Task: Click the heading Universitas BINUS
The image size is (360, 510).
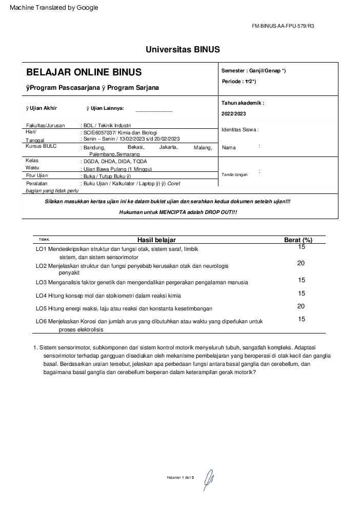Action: point(183,50)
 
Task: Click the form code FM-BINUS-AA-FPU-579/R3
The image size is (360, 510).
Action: point(283,26)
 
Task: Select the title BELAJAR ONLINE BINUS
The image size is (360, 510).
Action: point(84,72)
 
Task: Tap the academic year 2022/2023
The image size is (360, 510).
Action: point(234,113)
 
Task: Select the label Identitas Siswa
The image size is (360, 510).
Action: point(240,130)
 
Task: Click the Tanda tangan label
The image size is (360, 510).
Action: point(234,174)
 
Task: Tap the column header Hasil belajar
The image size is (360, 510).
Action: point(156,240)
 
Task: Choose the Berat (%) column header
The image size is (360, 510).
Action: point(298,240)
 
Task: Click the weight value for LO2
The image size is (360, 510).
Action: point(301,263)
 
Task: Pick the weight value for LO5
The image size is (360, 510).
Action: point(301,306)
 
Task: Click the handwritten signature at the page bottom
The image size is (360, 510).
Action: point(208,479)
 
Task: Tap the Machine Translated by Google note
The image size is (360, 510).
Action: point(54,8)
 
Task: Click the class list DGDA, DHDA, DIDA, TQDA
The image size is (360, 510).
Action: point(115,161)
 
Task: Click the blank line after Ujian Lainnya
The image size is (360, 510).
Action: point(154,111)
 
